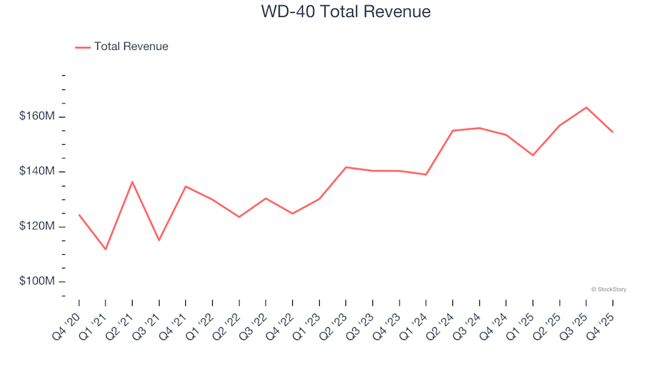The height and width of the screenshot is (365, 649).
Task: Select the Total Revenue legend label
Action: [x=131, y=47]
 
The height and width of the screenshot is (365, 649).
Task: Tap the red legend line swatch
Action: [x=82, y=47]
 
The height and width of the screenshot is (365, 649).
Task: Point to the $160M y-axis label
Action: [x=38, y=117]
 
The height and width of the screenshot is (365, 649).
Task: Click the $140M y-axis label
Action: [x=38, y=172]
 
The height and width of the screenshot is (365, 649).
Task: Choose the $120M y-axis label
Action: [x=38, y=226]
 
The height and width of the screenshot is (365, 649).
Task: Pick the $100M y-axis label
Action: [x=38, y=281]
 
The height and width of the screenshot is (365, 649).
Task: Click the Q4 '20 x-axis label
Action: [x=68, y=319]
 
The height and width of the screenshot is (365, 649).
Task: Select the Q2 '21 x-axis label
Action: [x=121, y=319]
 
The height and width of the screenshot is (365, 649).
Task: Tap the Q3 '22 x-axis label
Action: [x=255, y=319]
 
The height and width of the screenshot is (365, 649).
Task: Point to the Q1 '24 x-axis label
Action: [x=415, y=319]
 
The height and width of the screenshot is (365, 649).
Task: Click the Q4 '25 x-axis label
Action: [x=602, y=319]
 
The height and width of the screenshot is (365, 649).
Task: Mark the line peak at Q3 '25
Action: [x=586, y=107]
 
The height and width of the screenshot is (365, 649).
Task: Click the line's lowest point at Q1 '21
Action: [x=105, y=249]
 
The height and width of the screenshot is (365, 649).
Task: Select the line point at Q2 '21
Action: [x=133, y=182]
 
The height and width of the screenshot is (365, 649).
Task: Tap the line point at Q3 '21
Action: [x=159, y=240]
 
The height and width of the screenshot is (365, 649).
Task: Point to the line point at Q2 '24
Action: [x=452, y=130]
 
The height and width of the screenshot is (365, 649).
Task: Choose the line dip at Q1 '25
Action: [x=533, y=155]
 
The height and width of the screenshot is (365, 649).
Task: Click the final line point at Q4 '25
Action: [x=612, y=132]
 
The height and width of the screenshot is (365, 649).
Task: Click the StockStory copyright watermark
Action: [x=608, y=289]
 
